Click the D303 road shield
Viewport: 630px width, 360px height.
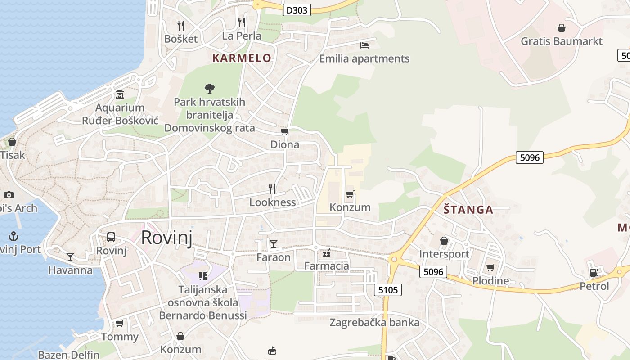tap(297, 9)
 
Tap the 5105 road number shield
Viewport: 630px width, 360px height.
tap(388, 290)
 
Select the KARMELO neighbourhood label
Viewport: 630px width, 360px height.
tap(242, 58)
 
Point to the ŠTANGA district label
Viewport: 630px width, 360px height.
tap(468, 210)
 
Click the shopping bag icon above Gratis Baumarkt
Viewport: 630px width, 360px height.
tap(562, 28)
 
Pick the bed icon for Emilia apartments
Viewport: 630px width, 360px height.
tap(364, 45)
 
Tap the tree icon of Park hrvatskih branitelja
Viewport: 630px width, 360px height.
tap(209, 88)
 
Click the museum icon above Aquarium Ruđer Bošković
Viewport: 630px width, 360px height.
tap(120, 94)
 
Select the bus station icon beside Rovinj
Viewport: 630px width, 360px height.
tap(111, 237)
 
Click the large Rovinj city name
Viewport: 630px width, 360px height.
tap(166, 237)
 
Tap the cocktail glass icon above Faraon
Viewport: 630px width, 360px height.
tap(273, 244)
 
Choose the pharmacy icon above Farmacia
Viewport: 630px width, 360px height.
tap(327, 253)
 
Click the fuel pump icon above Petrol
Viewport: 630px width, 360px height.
tap(594, 272)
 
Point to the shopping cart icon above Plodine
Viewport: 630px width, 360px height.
tap(490, 268)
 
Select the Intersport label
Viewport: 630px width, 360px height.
tap(444, 254)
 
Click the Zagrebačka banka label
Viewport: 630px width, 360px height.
tap(374, 322)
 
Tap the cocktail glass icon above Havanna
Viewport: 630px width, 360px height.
tap(70, 256)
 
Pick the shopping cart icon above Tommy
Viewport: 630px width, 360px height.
tap(119, 323)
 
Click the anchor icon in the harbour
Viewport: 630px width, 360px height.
tap(13, 236)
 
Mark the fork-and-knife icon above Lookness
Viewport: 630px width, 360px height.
tap(272, 189)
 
